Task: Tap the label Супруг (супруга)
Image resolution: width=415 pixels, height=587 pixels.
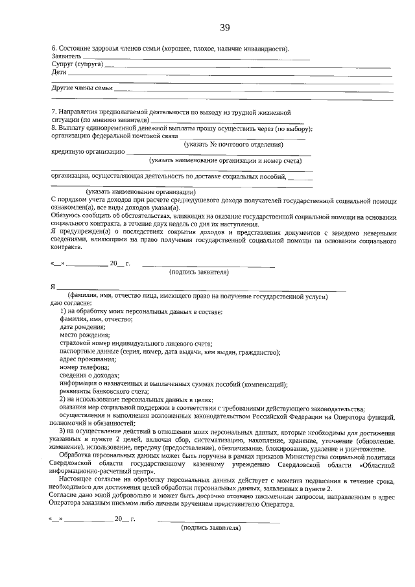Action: (77, 65)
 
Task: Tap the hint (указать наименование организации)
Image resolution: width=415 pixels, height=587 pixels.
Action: (139, 191)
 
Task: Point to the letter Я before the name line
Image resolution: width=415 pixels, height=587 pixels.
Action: (53, 286)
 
